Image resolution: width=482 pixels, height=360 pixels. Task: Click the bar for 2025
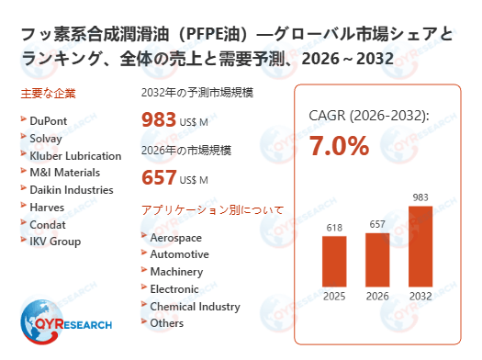[334, 261]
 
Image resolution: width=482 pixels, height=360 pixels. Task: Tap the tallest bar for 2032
[420, 245]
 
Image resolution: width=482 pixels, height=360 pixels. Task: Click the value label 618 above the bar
[334, 226]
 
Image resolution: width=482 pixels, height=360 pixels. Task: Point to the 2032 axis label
[420, 296]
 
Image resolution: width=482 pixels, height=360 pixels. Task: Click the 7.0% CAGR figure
[339, 145]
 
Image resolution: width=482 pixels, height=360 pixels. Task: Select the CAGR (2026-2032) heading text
[369, 116]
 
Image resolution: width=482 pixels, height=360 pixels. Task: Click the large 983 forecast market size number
[159, 119]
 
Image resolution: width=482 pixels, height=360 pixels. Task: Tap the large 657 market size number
[159, 177]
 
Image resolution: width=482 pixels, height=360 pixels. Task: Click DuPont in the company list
[49, 119]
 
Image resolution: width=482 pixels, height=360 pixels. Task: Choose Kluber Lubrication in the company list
[74, 155]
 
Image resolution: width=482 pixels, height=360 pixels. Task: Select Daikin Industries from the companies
[71, 190]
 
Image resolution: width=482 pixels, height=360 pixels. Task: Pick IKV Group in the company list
[55, 242]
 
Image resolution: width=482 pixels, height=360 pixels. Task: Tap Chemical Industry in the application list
[194, 306]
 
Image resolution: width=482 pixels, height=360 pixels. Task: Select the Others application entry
[166, 323]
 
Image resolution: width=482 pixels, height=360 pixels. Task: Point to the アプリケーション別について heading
[212, 210]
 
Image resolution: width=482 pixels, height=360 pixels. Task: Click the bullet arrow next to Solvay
[22, 138]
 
